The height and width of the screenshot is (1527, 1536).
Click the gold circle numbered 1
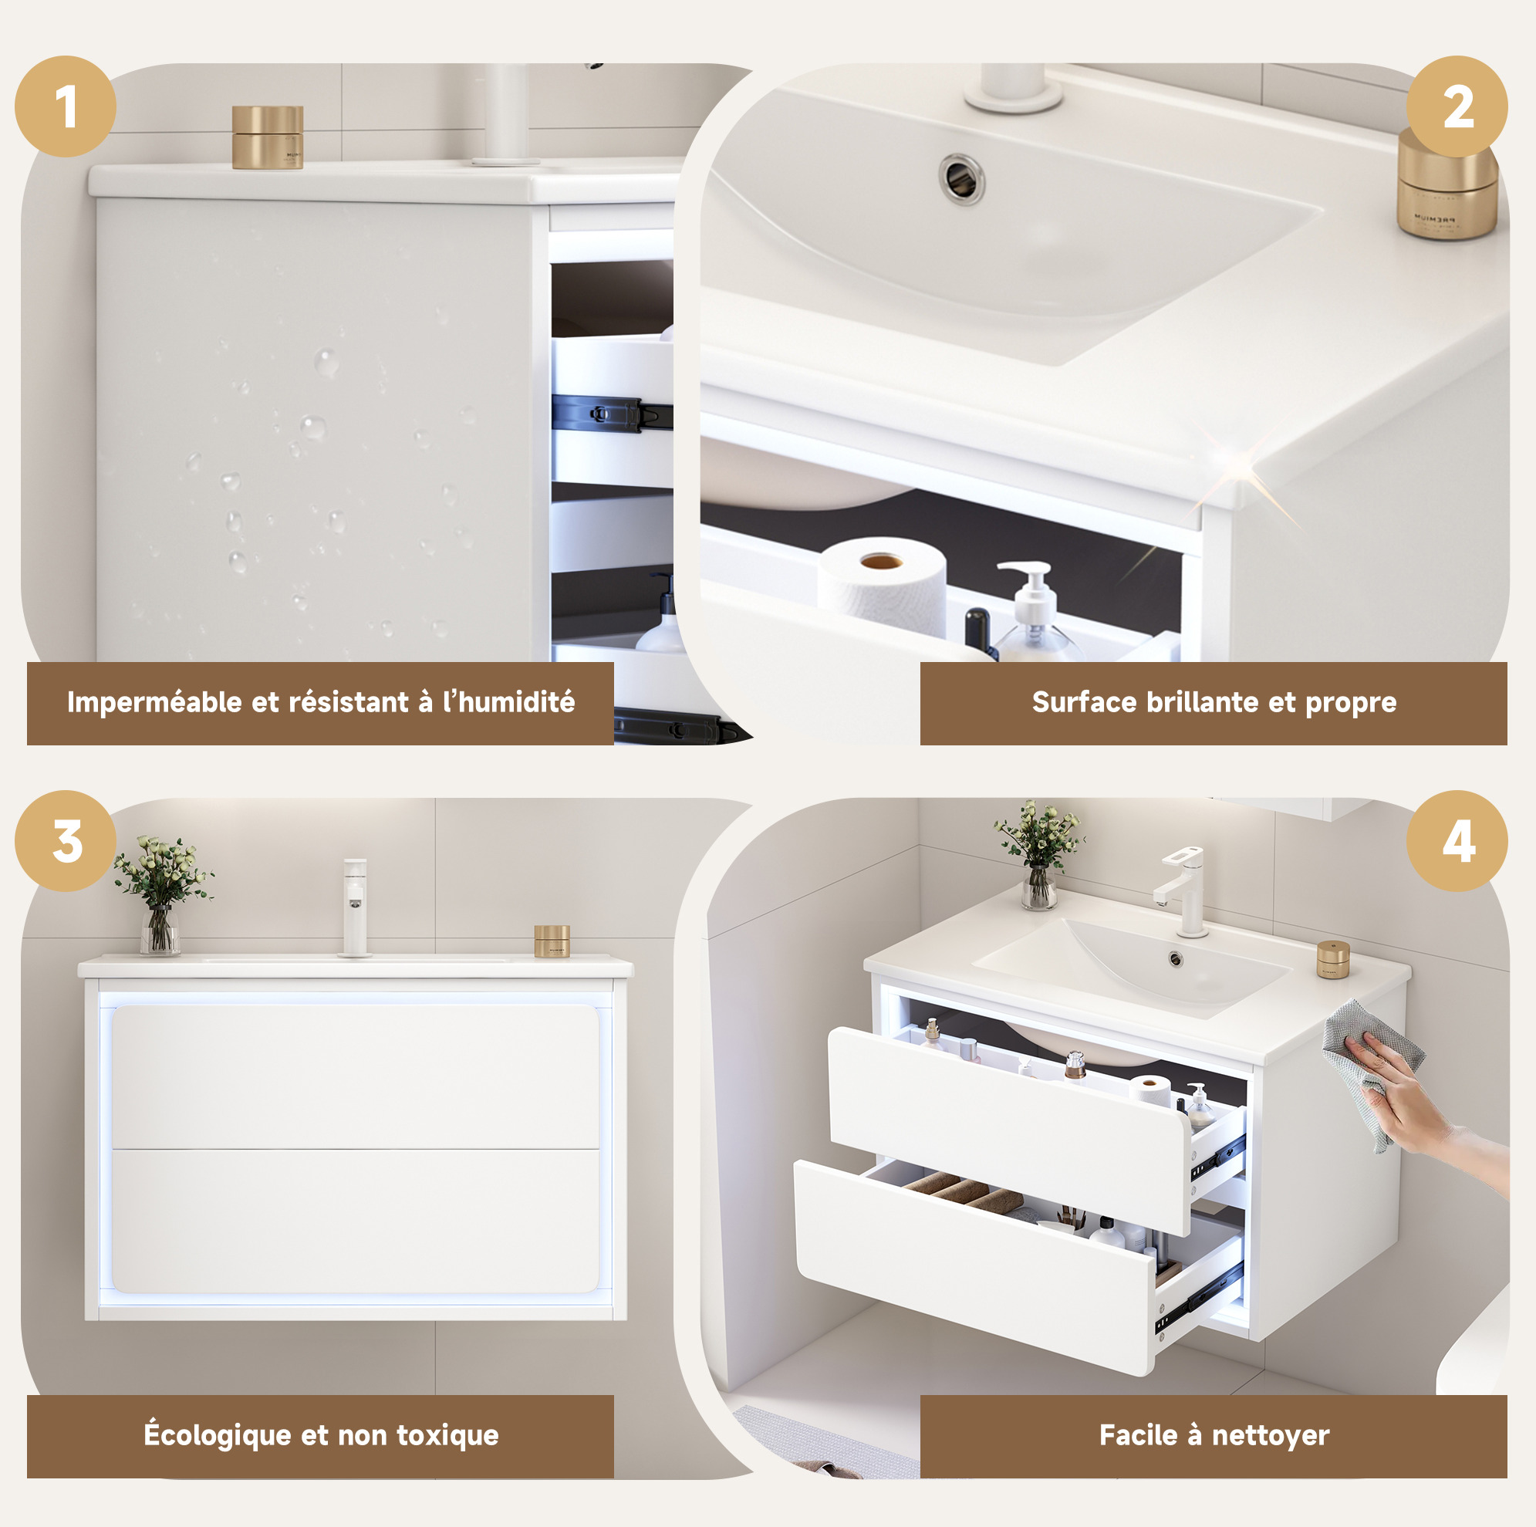pyautogui.click(x=66, y=106)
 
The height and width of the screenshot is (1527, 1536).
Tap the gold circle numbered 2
pyautogui.click(x=1457, y=106)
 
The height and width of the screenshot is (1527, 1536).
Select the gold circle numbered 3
pyautogui.click(x=66, y=840)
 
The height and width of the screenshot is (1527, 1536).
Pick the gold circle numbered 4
pyautogui.click(x=1457, y=840)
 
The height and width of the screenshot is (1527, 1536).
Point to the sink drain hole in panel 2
pyautogui.click(x=961, y=179)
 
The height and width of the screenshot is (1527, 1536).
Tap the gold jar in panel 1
pyautogui.click(x=267, y=137)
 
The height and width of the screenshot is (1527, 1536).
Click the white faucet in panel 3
pyautogui.click(x=355, y=907)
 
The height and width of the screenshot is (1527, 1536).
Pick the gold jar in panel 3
pyautogui.click(x=552, y=941)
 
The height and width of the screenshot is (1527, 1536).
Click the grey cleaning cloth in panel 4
pyautogui.click(x=1372, y=1070)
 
